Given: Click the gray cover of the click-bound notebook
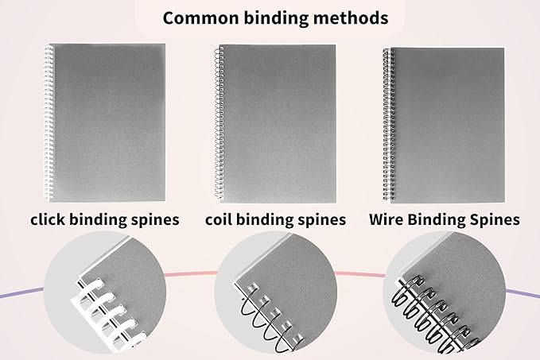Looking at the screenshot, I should click(x=107, y=119).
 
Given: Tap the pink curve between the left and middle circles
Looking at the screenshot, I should click(x=191, y=275).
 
